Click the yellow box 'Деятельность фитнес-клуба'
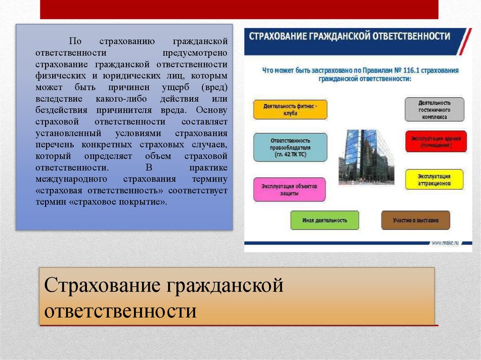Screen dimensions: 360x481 click(290, 110)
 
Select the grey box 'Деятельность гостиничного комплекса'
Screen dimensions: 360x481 click(434, 109)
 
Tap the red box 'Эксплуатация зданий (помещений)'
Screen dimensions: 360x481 click(436, 142)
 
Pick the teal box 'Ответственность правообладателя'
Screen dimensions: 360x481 click(290, 147)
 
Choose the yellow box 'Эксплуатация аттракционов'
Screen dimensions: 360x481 click(434, 179)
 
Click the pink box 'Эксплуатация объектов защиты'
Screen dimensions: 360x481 click(290, 189)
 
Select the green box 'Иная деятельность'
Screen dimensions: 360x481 click(325, 220)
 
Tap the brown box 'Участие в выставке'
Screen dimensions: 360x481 click(415, 220)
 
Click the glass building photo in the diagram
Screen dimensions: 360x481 click(365, 155)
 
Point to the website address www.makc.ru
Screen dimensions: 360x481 click(444, 243)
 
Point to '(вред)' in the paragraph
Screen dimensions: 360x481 click(215, 87)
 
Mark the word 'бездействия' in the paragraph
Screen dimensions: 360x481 click(58, 110)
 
